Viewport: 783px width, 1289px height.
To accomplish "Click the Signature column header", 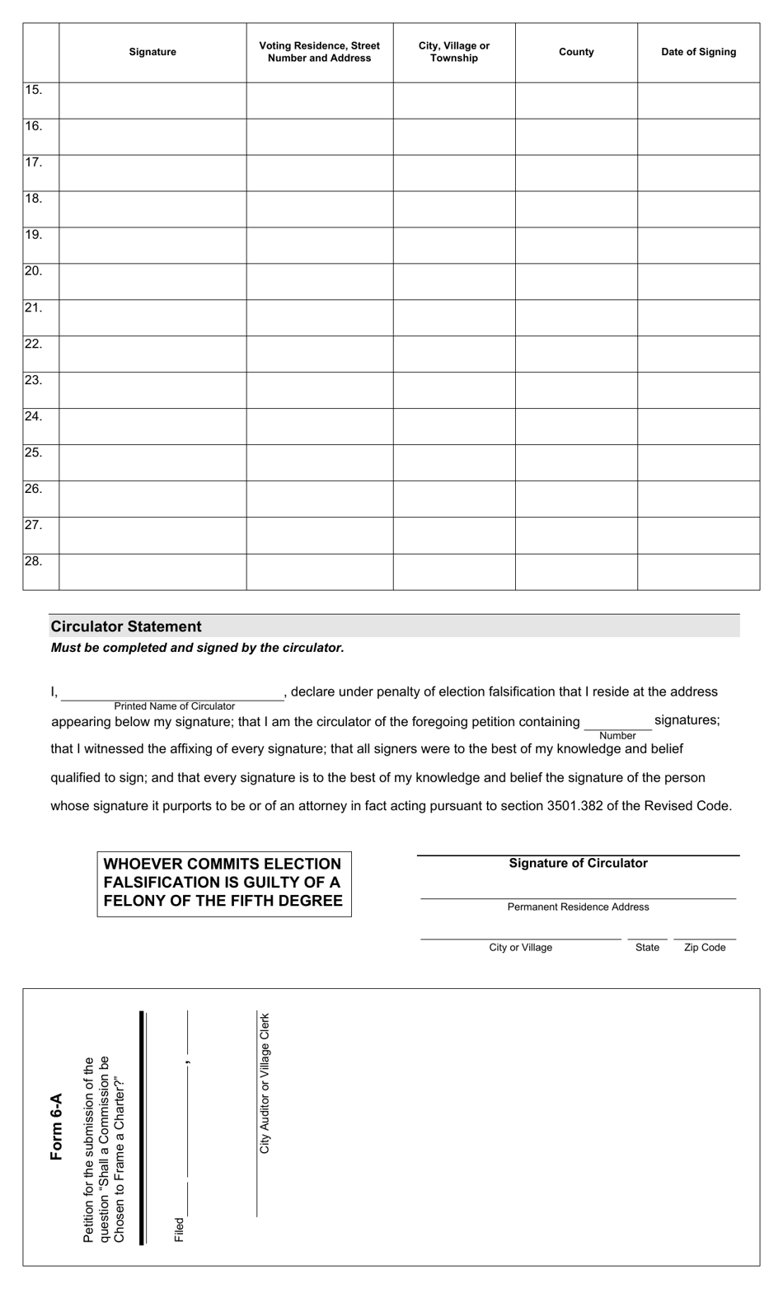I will [152, 52].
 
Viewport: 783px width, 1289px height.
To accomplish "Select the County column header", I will [576, 52].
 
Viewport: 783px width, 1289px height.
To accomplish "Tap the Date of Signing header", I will [698, 52].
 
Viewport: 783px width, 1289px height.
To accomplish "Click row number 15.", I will [34, 90].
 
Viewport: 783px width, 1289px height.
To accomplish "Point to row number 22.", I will [34, 344].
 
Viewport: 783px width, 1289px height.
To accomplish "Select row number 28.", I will [34, 561].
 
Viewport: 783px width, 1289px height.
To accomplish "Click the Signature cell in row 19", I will [152, 246].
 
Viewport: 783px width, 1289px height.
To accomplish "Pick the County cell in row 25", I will [576, 463].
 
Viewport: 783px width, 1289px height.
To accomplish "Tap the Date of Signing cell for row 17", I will [698, 173].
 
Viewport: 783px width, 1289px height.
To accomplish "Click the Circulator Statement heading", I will [126, 626].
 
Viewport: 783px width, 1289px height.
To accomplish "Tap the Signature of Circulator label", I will [578, 864].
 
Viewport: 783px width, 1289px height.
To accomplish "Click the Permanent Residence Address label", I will [578, 907].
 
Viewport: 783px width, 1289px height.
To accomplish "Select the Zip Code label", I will [705, 948].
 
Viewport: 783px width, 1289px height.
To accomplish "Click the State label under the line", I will [647, 948].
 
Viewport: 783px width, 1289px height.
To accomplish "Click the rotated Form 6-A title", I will [57, 1127].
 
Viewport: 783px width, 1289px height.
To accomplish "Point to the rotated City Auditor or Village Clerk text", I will [265, 1083].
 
